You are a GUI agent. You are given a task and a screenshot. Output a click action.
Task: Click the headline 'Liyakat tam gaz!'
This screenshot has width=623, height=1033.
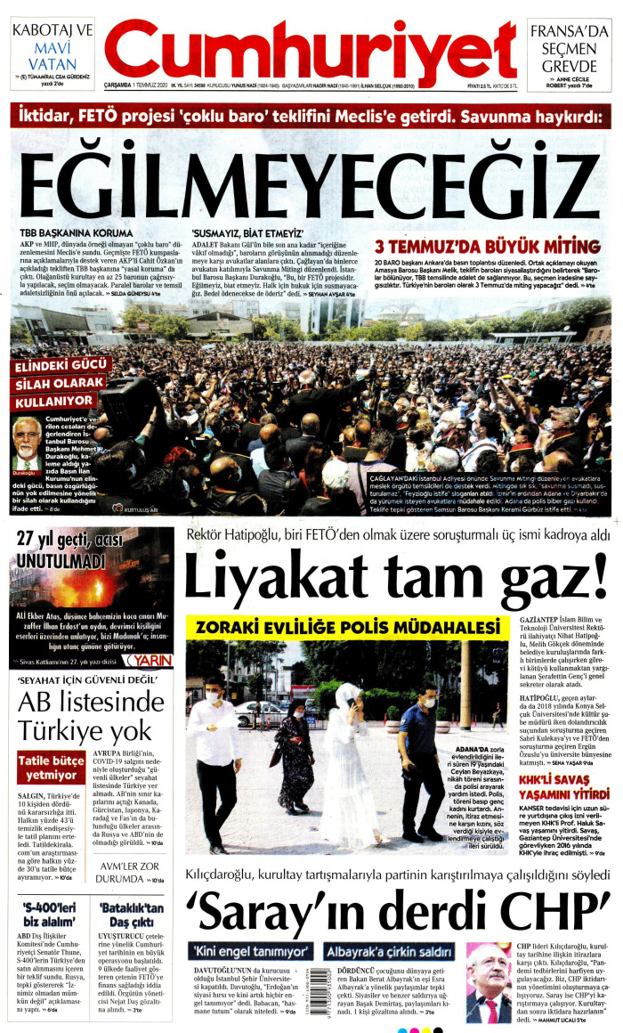coord(397,579)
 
